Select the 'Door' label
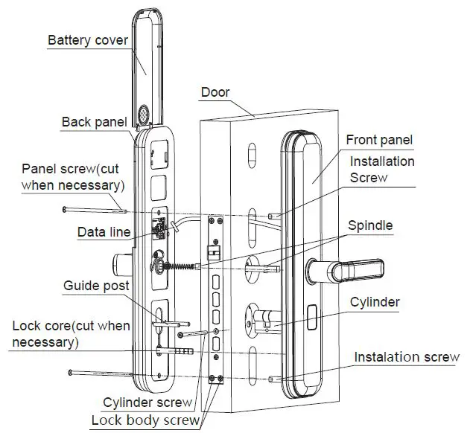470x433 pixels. point(215,93)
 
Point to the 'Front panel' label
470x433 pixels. point(379,140)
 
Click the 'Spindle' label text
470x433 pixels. point(370,225)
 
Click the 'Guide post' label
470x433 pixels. point(96,286)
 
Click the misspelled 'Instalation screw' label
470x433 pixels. point(406,357)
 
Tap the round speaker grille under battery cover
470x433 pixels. point(145,117)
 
